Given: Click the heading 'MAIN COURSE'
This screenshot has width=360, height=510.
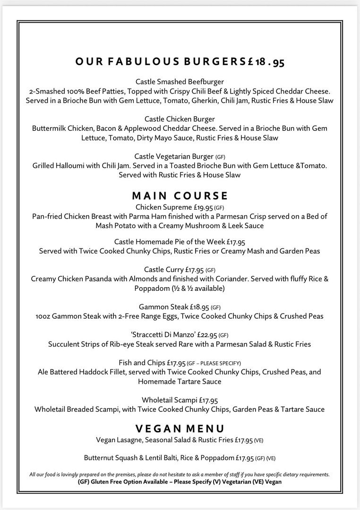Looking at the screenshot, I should click(180, 195).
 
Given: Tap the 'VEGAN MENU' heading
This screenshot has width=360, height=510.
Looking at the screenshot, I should click(180, 428).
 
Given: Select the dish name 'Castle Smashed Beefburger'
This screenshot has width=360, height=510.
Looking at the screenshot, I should click(180, 82).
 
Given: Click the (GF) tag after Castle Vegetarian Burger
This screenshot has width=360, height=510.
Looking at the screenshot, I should click(221, 157).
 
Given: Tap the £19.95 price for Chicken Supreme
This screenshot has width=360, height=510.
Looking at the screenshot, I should click(201, 207).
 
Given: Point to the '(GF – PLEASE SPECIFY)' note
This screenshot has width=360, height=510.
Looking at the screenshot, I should click(214, 363).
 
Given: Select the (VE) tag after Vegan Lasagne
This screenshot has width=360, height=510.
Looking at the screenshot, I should click(258, 441).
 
